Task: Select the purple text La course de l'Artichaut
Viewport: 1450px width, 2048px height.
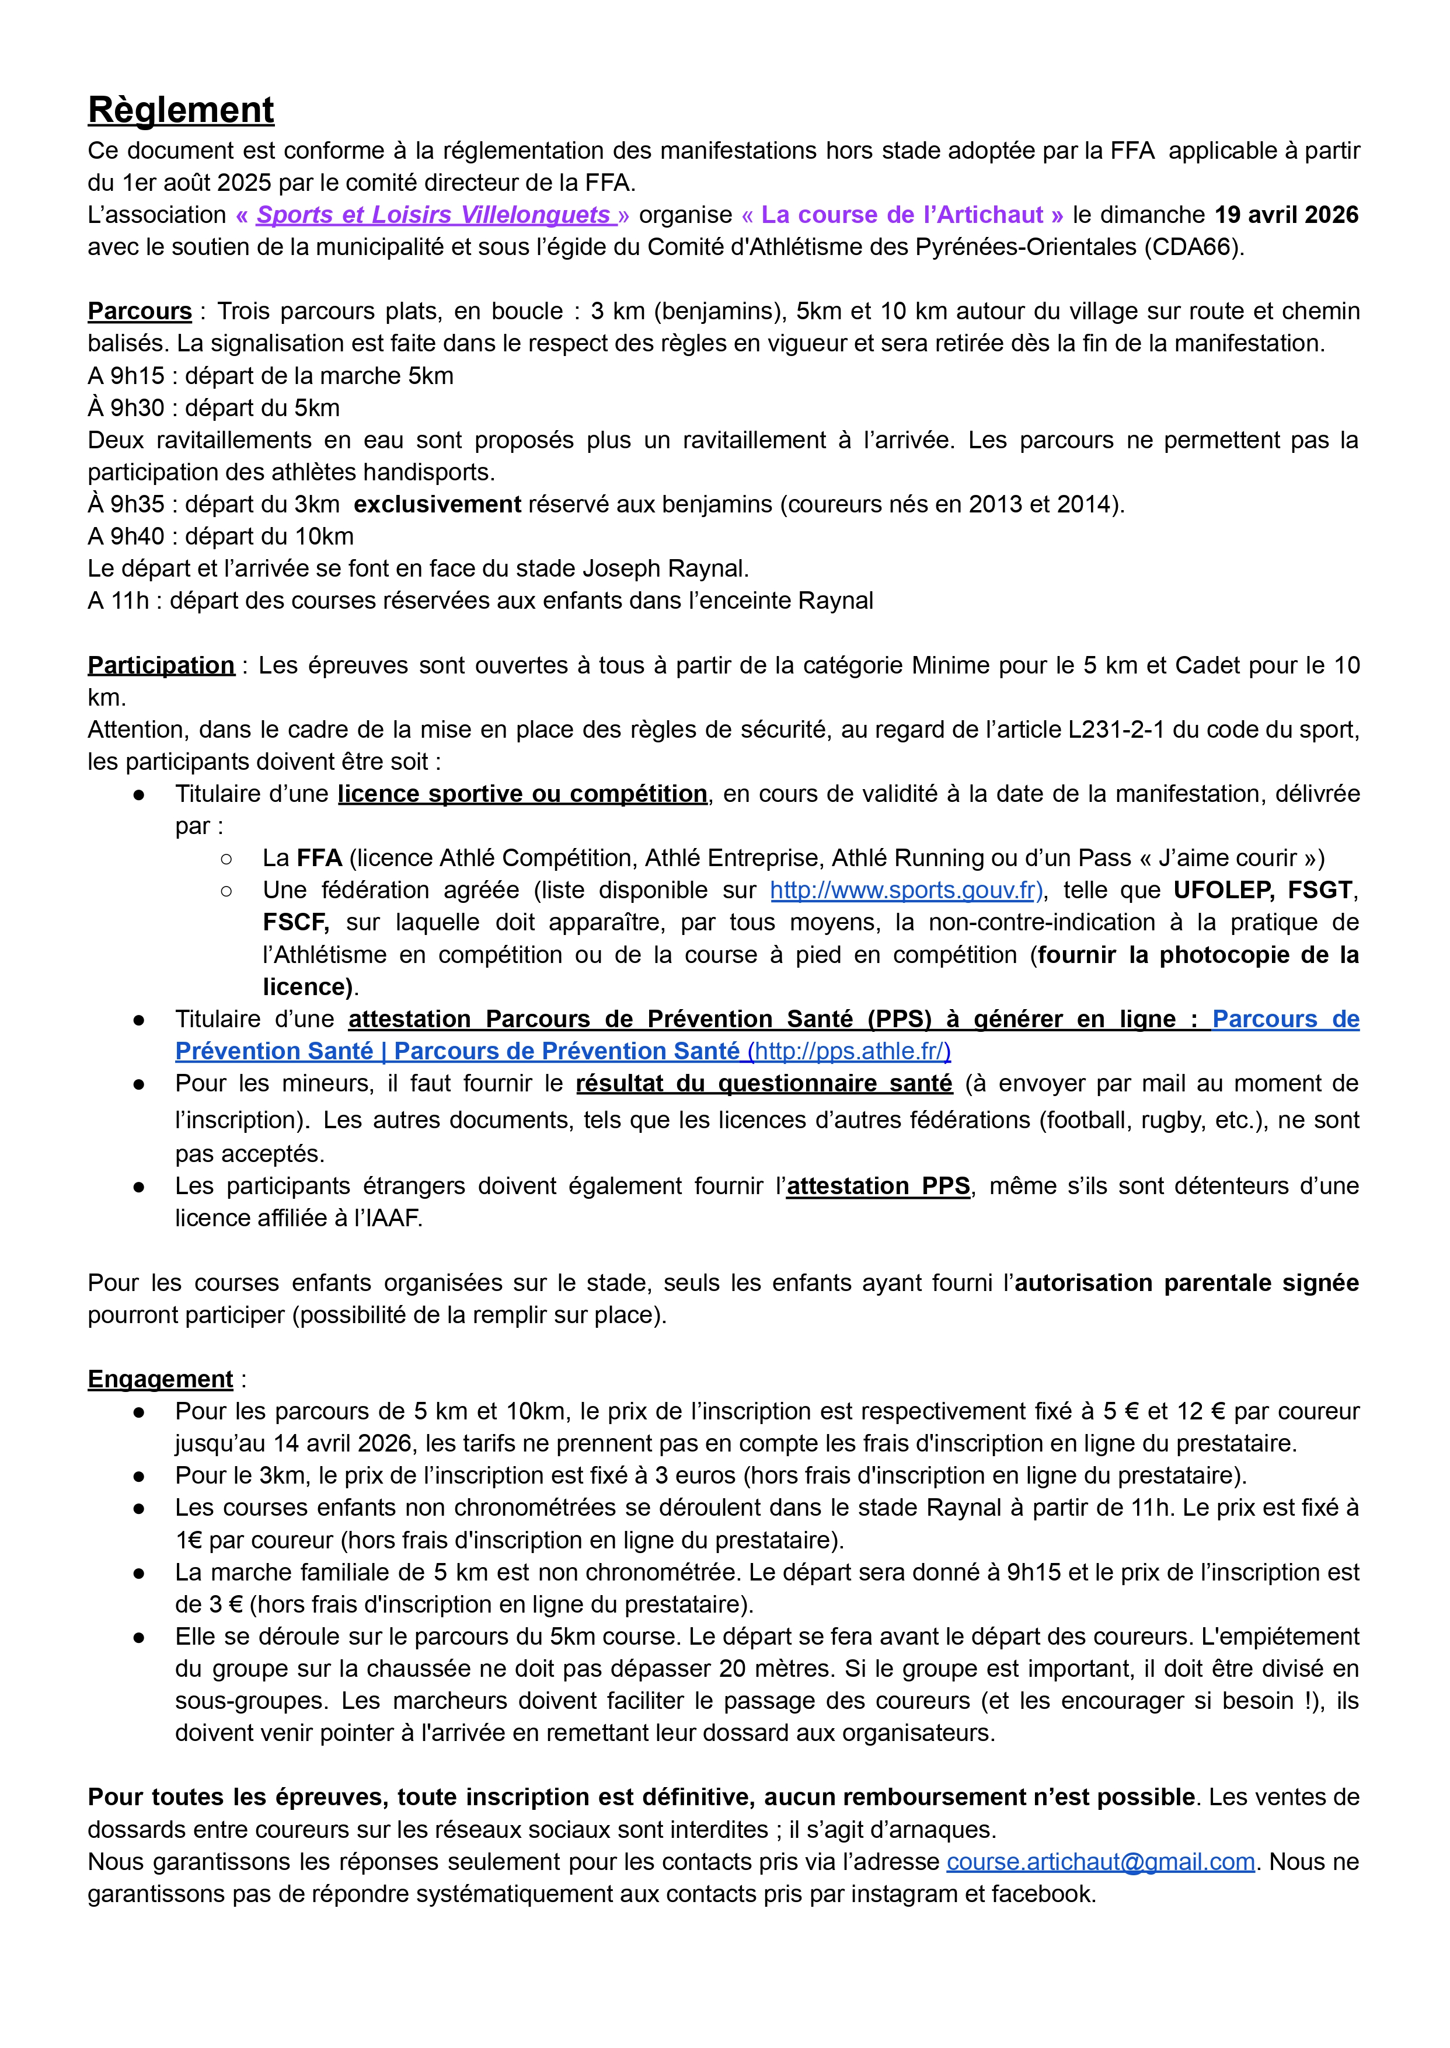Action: coord(902,215)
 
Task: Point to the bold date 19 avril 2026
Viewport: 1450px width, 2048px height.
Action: coord(1286,215)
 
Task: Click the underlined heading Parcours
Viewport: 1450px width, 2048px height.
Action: coord(140,312)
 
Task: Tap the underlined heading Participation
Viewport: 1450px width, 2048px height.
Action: coord(161,665)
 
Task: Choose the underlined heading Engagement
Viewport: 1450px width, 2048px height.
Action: coord(160,1379)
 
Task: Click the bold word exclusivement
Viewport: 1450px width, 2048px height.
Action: coord(437,504)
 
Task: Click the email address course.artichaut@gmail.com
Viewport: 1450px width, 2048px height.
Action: coord(1100,1862)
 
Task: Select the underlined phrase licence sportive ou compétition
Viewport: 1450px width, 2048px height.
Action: coord(522,794)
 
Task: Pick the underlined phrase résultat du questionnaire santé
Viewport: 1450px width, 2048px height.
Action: coord(764,1084)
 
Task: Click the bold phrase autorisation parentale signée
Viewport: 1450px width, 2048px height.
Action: coord(1187,1283)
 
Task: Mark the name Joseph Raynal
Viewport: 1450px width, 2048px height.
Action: coord(665,568)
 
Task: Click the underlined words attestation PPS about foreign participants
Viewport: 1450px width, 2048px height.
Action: coord(879,1187)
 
